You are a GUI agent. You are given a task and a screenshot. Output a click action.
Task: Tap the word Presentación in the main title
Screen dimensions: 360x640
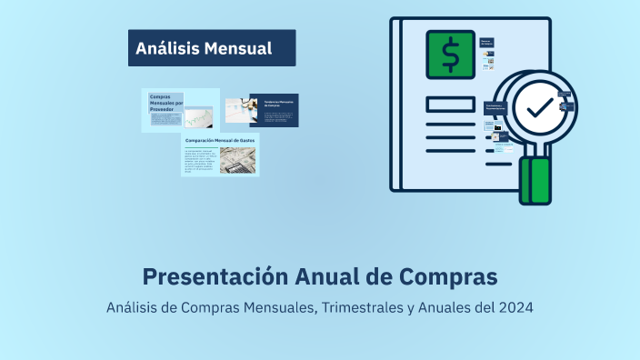coord(215,275)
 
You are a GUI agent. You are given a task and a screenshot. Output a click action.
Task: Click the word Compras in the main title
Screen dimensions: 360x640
coord(444,275)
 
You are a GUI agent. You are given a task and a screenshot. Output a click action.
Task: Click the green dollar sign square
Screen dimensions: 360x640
coord(450,55)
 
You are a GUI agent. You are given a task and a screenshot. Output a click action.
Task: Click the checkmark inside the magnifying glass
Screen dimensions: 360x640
coord(539,107)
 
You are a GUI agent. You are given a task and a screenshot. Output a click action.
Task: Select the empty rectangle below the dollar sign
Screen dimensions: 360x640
coord(450,104)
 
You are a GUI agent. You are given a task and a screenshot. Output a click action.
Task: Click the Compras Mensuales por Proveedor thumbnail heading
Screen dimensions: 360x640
coord(163,101)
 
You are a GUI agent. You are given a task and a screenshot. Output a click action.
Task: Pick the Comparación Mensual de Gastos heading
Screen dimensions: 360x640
coord(220,141)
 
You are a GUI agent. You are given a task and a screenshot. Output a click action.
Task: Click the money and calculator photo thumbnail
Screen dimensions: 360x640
coord(237,160)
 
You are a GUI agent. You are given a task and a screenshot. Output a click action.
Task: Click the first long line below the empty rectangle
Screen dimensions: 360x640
coord(450,125)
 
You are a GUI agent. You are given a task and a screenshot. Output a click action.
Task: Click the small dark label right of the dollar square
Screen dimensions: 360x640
coord(486,43)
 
